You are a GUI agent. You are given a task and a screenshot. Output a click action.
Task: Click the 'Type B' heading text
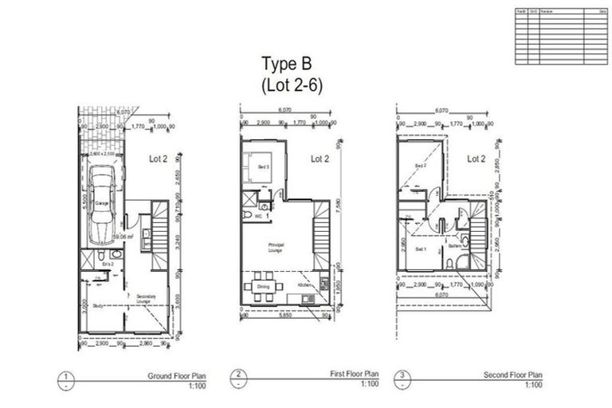coord(289,63)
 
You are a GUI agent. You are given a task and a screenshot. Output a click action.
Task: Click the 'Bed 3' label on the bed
coord(264,167)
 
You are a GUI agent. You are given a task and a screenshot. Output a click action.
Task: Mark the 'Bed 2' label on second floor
coord(420,165)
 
